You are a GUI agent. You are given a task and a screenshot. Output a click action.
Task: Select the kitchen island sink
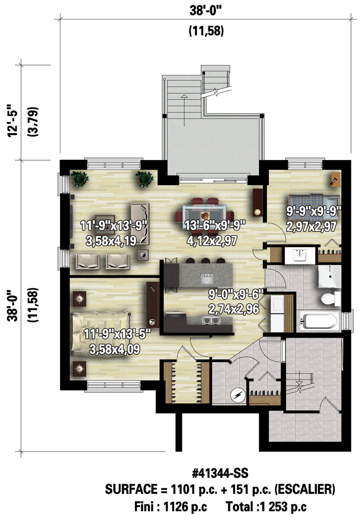click(x=207, y=279)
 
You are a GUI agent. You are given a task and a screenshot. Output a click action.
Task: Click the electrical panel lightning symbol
click(x=238, y=395)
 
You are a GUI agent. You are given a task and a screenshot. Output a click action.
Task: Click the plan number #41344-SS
click(x=220, y=473)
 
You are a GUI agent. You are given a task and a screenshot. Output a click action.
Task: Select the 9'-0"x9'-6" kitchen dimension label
click(x=236, y=294)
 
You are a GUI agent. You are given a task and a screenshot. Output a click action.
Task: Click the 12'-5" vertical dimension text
click(x=13, y=121)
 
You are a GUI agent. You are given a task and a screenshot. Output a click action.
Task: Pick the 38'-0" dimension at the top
click(x=205, y=11)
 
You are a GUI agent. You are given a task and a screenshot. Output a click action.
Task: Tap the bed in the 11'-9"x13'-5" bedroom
click(x=101, y=332)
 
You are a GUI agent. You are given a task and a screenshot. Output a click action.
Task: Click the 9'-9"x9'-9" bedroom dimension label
click(x=314, y=210)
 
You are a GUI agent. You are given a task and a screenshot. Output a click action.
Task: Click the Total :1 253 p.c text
click(x=266, y=507)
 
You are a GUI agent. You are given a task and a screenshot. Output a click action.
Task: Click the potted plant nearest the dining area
click(x=144, y=179)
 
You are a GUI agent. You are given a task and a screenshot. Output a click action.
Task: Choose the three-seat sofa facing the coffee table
click(x=139, y=223)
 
